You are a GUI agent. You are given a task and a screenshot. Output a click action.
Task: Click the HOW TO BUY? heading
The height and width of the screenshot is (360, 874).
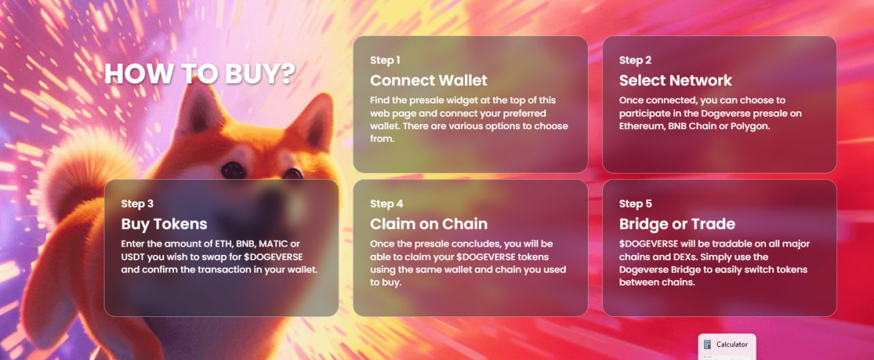[x=200, y=73]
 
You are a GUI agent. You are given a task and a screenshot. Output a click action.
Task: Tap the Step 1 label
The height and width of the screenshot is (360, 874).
[x=385, y=60]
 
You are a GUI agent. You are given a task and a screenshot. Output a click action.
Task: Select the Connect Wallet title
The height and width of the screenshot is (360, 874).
[x=428, y=81]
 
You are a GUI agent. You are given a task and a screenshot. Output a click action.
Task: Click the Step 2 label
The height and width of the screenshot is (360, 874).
[x=635, y=60]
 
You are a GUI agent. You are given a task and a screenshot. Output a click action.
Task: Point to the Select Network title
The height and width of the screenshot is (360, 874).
[x=675, y=81]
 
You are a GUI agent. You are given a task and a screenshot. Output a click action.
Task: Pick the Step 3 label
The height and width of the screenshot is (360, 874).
[x=137, y=204]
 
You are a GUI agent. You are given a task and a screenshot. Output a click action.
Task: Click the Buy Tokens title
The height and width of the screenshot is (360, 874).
[x=164, y=224]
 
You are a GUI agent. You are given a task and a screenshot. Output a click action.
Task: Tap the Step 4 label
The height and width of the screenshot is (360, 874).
[x=386, y=204]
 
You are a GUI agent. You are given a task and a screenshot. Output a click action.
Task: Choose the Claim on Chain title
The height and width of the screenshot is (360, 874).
[x=429, y=224]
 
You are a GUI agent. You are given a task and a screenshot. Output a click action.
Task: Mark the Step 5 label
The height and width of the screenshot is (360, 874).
[x=636, y=204]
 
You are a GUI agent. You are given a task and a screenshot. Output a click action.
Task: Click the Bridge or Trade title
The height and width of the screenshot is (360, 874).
[x=677, y=224]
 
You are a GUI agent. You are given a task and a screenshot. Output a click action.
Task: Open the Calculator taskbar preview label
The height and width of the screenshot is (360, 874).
[x=732, y=344]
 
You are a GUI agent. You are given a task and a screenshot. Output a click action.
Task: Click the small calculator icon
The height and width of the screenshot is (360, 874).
[x=707, y=344]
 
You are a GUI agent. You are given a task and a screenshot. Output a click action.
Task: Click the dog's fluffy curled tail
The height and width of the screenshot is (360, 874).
[x=82, y=171]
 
